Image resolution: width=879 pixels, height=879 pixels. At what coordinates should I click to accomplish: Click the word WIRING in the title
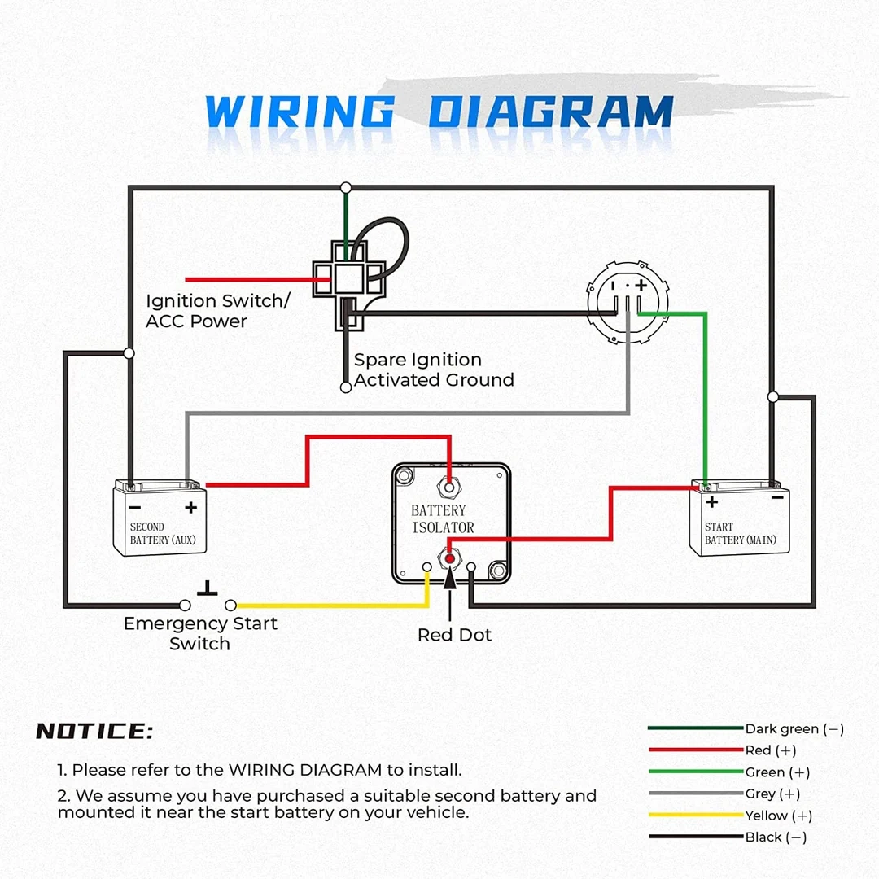coord(300,112)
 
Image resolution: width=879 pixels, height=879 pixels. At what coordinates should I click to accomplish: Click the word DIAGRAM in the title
coord(551,112)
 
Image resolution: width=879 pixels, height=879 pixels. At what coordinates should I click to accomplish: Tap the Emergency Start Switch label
coord(200,633)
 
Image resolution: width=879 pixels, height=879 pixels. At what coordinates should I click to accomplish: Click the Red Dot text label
coord(454,635)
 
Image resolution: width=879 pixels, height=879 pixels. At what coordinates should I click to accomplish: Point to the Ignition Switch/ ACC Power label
coord(217,311)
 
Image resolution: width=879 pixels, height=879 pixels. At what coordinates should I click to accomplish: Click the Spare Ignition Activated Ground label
coord(434,370)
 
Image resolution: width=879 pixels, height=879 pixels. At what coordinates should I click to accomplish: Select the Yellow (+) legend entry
coord(778,816)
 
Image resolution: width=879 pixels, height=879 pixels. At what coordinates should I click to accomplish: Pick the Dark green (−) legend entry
coord(794,729)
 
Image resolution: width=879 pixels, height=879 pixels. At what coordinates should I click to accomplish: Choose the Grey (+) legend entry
coord(772,794)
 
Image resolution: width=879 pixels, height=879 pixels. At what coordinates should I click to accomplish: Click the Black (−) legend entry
coord(776,837)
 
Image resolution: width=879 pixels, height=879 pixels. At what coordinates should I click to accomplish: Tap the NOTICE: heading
coord(94,731)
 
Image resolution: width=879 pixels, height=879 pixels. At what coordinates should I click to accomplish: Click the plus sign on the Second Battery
coord(191,508)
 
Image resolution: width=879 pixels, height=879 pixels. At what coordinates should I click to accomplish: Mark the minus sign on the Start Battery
coord(777,497)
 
